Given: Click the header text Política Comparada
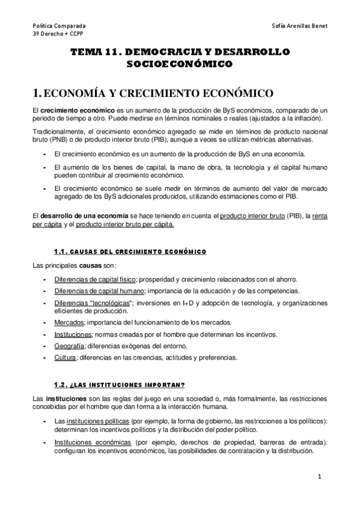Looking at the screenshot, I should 59,26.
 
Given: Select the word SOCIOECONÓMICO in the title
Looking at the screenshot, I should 180,64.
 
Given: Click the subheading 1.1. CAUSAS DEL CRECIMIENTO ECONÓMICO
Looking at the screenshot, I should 130,251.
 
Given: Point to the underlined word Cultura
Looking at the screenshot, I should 65,357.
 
